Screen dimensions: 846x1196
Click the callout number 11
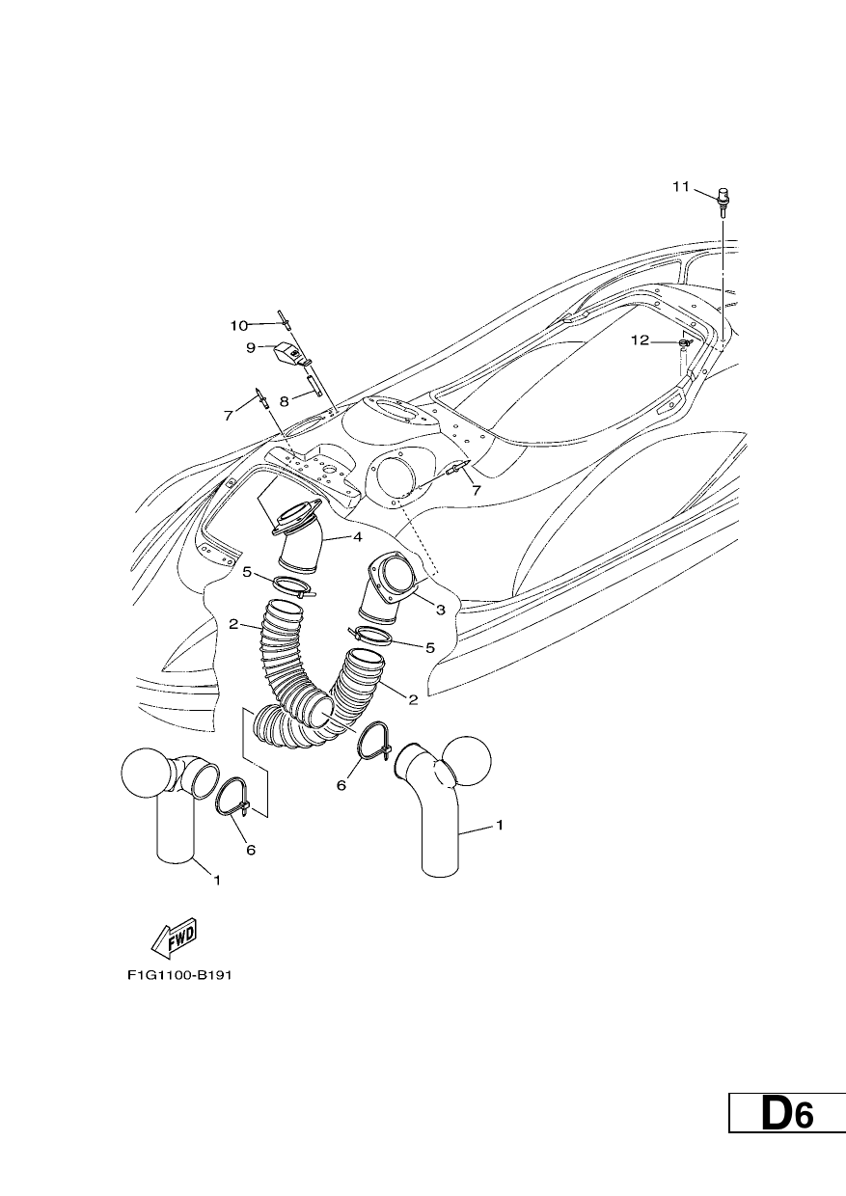pos(680,187)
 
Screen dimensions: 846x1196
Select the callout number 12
pos(640,340)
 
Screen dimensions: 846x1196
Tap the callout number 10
pos(239,325)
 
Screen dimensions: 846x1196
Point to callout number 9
pos(251,348)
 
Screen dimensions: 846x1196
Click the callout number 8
pos(285,401)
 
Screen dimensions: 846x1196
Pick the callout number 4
pos(357,537)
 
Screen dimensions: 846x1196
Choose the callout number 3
pos(440,610)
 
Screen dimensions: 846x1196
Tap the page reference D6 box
pos(787,1141)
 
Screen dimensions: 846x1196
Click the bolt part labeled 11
pos(723,202)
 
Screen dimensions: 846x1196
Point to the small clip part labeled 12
pos(685,342)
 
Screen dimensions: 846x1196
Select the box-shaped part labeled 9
pos(287,353)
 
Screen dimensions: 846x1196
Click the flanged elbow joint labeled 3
pos(389,587)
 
